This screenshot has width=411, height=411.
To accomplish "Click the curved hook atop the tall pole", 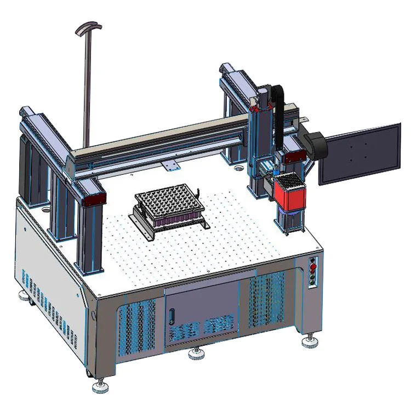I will (x=88, y=27).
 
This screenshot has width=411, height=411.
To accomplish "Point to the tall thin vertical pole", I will (x=85, y=88).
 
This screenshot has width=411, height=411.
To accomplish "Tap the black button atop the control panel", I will (x=314, y=260).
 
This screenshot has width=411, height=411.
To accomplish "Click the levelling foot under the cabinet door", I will (x=196, y=353).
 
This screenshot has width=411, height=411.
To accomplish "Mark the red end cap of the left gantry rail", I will (x=94, y=199).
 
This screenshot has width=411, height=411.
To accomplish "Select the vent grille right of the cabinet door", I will (x=267, y=299).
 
